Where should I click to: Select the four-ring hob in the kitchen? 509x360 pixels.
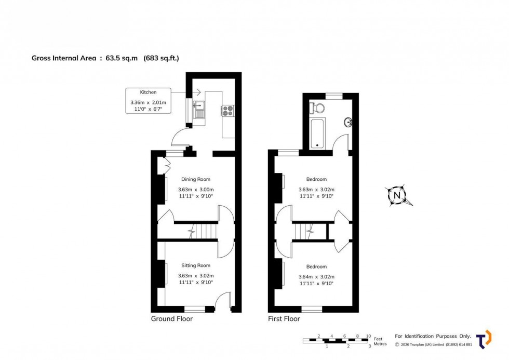coord(228,110)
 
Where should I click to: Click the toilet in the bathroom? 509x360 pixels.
coord(317,108)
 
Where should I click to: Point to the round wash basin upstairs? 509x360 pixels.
coord(349,123)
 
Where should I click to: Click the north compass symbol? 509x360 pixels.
coord(398,196)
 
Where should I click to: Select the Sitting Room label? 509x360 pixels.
coord(196,265)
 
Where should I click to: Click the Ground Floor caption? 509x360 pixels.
coord(171,318)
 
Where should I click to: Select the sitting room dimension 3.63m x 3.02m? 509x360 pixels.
coord(196,276)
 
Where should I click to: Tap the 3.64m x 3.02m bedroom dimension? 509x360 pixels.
coord(316,277)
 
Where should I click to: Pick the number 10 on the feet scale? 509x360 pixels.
coord(368,336)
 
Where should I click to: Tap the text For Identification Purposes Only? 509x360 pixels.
coord(433,336)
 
